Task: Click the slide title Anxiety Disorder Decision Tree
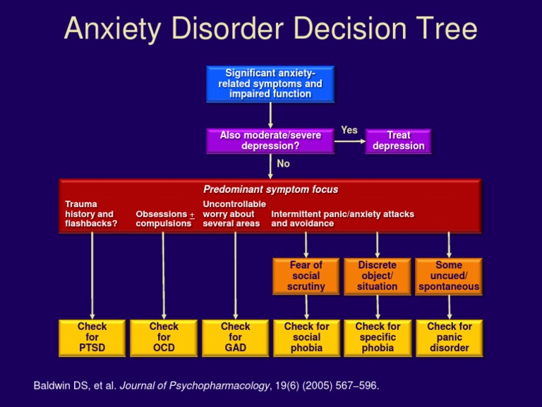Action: [x=271, y=30]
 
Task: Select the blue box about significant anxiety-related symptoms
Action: [x=270, y=83]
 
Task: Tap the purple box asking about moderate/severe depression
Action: [x=270, y=140]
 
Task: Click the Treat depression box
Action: [x=399, y=140]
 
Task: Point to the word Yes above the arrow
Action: [x=349, y=130]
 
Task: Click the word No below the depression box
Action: [x=283, y=163]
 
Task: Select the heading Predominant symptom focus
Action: [x=270, y=189]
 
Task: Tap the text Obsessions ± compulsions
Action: [x=164, y=218]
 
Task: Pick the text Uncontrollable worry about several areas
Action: [x=234, y=213]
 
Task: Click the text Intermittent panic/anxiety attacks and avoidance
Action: [x=342, y=218]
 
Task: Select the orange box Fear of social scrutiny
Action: [x=306, y=276]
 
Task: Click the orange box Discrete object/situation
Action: [x=378, y=276]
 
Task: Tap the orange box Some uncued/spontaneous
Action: [x=449, y=276]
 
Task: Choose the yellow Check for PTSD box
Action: [x=92, y=337]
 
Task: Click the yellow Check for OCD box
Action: [x=164, y=337]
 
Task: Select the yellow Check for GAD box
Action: [x=235, y=337]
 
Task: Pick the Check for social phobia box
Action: [x=306, y=337]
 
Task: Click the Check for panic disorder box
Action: [x=449, y=337]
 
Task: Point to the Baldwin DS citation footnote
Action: [x=206, y=386]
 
